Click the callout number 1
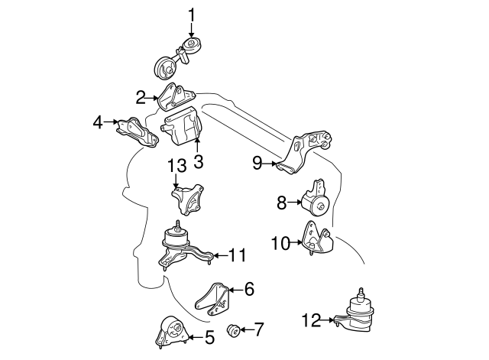[192, 14]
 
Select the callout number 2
[141, 97]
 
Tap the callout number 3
[198, 161]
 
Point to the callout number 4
[98, 121]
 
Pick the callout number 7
[258, 330]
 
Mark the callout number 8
[281, 203]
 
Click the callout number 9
[257, 161]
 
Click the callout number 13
[176, 165]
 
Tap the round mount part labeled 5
[170, 333]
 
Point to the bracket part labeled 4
[135, 132]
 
